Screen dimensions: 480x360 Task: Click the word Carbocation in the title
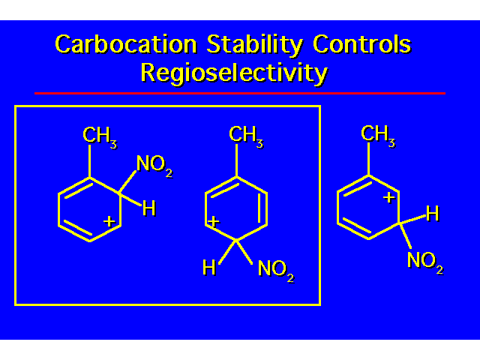(x=126, y=44)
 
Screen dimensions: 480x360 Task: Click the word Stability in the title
(x=255, y=45)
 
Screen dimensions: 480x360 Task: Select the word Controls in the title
(x=361, y=44)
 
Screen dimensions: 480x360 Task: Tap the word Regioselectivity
(x=234, y=73)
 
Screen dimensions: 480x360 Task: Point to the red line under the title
(x=240, y=93)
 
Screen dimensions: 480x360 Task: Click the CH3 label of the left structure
(x=100, y=136)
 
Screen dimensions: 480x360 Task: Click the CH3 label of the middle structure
(x=246, y=136)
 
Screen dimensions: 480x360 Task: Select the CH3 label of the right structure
(x=378, y=135)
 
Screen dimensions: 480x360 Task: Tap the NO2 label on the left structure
(x=154, y=165)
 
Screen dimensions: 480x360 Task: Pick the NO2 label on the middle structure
(x=276, y=270)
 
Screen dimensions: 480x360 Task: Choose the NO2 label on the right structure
(x=425, y=262)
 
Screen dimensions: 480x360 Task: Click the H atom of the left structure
(x=149, y=208)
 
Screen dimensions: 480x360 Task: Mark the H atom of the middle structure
(x=209, y=267)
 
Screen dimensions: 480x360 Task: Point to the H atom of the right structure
(x=433, y=213)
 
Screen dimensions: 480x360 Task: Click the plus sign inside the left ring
(x=109, y=221)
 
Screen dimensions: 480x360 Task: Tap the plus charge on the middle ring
(x=213, y=221)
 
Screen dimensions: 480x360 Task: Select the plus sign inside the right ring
(x=389, y=197)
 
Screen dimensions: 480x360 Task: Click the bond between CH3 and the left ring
(x=90, y=161)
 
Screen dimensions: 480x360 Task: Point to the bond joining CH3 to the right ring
(x=369, y=159)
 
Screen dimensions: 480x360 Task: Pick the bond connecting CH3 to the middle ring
(x=237, y=160)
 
